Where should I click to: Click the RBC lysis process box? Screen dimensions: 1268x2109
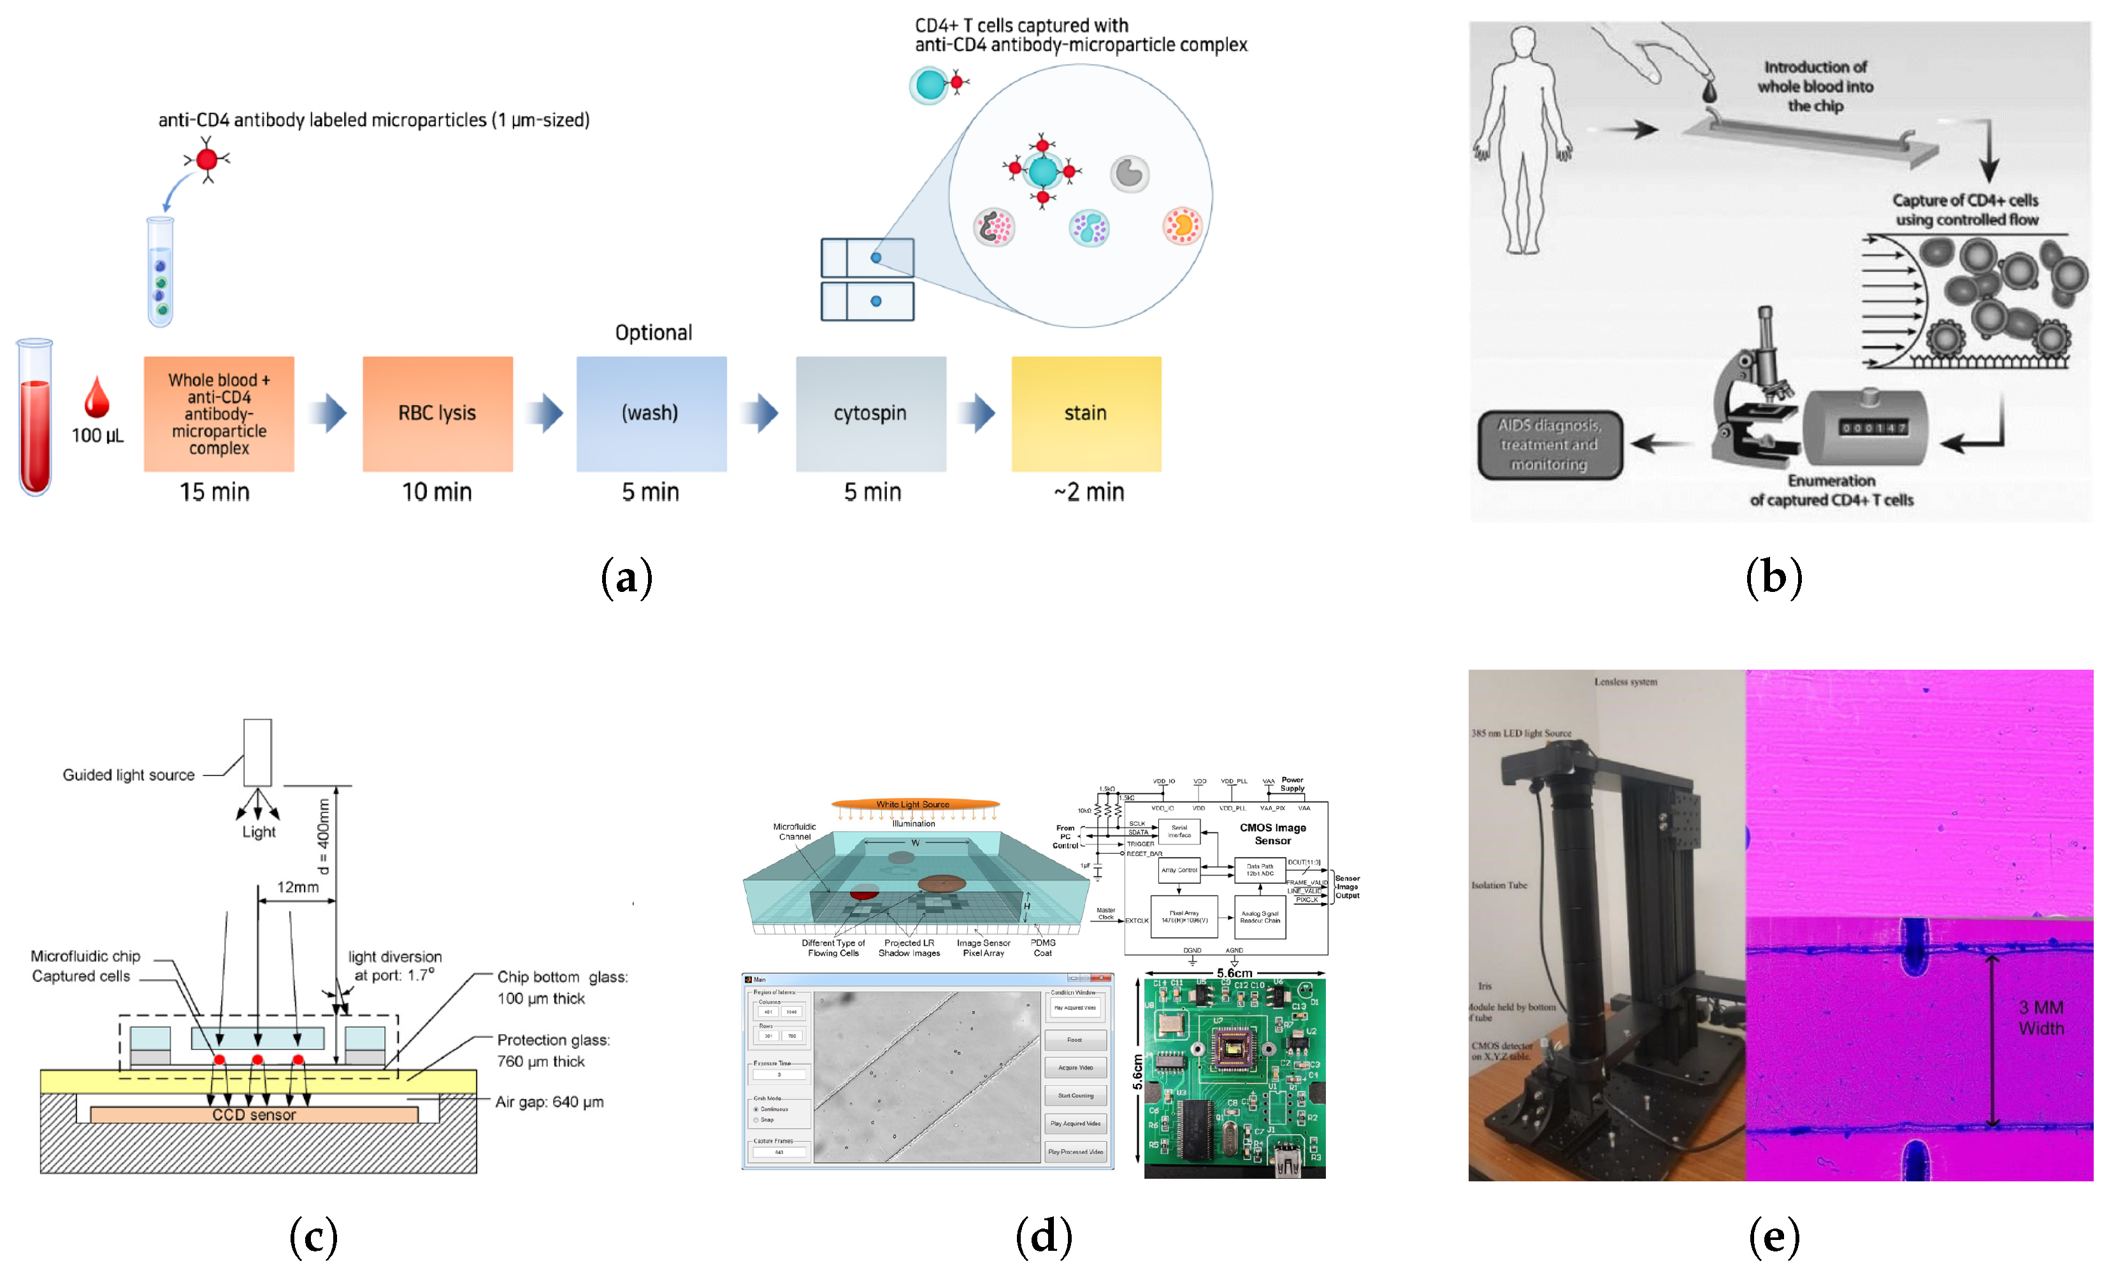point(437,414)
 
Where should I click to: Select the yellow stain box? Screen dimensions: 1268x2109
point(1086,414)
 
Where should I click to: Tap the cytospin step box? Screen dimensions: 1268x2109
point(870,414)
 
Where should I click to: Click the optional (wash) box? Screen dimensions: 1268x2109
point(651,414)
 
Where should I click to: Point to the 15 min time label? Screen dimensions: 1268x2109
point(214,492)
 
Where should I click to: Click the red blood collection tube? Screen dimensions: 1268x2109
point(35,419)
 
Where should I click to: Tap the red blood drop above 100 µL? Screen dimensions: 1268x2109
point(96,396)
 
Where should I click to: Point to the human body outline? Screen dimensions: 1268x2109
point(1523,141)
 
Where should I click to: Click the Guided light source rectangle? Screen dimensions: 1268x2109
point(257,752)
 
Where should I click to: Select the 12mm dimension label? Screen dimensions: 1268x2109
point(298,887)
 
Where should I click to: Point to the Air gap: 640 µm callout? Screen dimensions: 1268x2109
point(549,1102)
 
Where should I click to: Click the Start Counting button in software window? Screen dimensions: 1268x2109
point(1075,1095)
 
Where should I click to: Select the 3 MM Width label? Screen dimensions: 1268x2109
point(2041,1018)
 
